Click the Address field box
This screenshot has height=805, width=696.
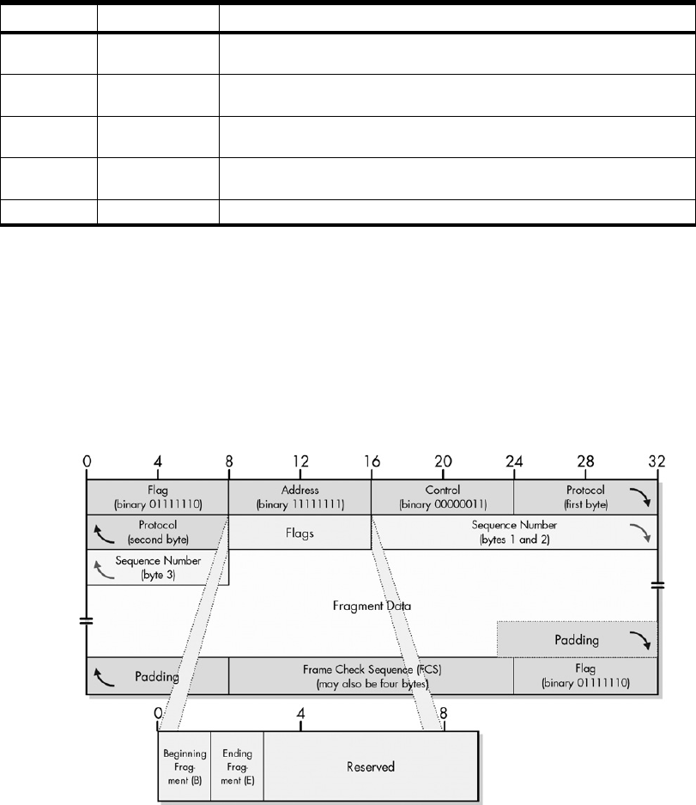pyautogui.click(x=300, y=496)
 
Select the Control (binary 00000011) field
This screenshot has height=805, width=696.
pyautogui.click(x=442, y=496)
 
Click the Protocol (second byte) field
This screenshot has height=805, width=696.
pyautogui.click(x=157, y=533)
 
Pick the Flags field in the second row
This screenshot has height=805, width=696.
pyautogui.click(x=300, y=533)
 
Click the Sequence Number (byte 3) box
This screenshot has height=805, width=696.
pyautogui.click(x=157, y=568)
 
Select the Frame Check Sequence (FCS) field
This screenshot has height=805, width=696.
pyautogui.click(x=371, y=674)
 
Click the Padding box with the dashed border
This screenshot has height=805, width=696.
pyautogui.click(x=577, y=639)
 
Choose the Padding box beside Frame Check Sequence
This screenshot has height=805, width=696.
pyautogui.click(x=157, y=675)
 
